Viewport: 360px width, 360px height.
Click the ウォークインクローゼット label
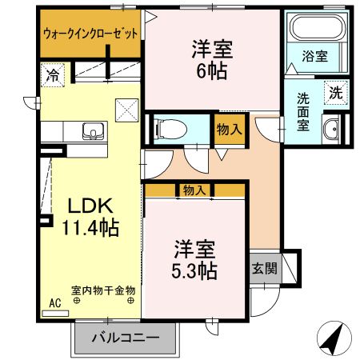(90, 34)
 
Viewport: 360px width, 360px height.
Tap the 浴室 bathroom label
(314, 56)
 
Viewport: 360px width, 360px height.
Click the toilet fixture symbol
(170, 126)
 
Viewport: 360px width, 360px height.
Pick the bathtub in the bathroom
(313, 30)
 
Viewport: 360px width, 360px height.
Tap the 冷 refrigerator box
(51, 78)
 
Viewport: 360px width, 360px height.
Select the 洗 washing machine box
(335, 91)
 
